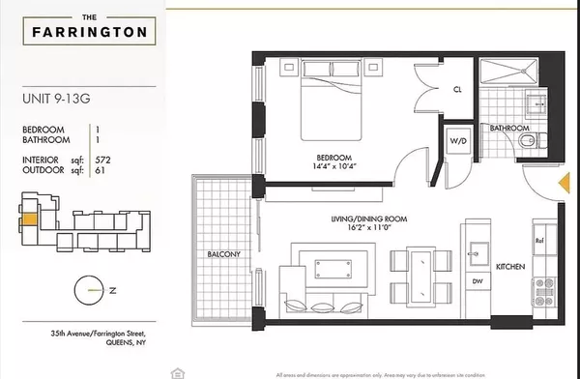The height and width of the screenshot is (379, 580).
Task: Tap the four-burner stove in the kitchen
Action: [544, 287]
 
